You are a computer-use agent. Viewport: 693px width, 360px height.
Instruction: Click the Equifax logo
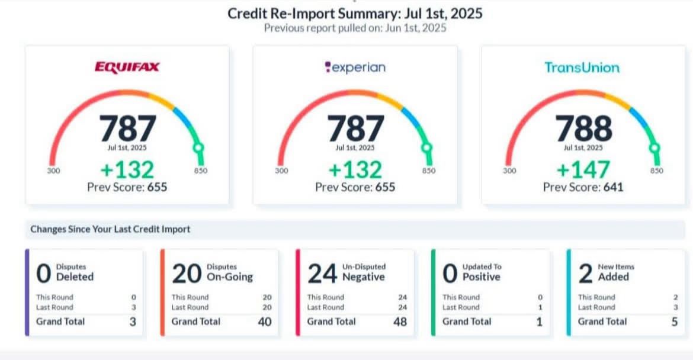pyautogui.click(x=127, y=67)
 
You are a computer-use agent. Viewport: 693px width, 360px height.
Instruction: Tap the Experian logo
pyautogui.click(x=355, y=67)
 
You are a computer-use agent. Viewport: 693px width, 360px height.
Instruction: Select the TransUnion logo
pyautogui.click(x=582, y=67)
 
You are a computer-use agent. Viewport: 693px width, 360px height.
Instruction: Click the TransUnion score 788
pyautogui.click(x=583, y=128)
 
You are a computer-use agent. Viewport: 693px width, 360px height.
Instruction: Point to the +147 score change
pyautogui.click(x=583, y=170)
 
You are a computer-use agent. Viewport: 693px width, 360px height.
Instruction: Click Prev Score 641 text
pyautogui.click(x=583, y=187)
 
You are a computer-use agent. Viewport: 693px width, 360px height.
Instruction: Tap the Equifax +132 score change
pyautogui.click(x=127, y=170)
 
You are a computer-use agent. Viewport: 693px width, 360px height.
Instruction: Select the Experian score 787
pyautogui.click(x=355, y=128)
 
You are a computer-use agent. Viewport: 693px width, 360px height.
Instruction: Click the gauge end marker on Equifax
pyautogui.click(x=199, y=147)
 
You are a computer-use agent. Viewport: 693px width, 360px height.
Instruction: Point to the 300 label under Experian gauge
pyautogui.click(x=281, y=171)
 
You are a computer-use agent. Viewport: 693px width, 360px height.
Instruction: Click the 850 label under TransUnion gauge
pyautogui.click(x=656, y=171)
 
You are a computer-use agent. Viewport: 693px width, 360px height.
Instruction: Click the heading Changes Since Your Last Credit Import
pyautogui.click(x=110, y=229)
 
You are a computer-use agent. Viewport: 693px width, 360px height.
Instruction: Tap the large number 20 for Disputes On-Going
pyautogui.click(x=186, y=274)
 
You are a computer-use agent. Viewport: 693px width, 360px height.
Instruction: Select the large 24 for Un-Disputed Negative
pyautogui.click(x=322, y=274)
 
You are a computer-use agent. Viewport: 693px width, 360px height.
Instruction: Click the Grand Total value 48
pyautogui.click(x=400, y=322)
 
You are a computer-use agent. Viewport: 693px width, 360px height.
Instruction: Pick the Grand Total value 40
pyautogui.click(x=265, y=322)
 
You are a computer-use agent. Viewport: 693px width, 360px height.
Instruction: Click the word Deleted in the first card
pyautogui.click(x=75, y=277)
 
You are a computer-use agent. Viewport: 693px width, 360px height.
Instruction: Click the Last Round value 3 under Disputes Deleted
pyautogui.click(x=133, y=307)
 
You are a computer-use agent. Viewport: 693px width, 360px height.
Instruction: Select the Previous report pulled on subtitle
pyautogui.click(x=355, y=28)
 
